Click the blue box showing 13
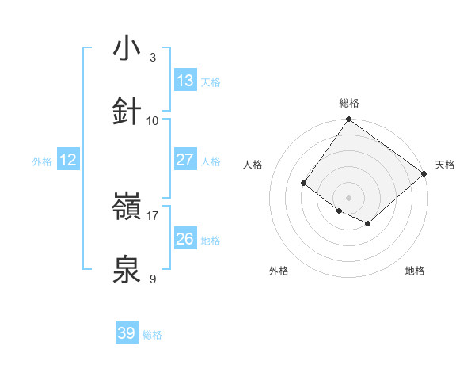point(185,81)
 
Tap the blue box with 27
point(185,160)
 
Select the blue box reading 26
point(185,239)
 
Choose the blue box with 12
point(68,160)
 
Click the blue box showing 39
point(127,333)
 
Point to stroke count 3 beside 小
point(153,58)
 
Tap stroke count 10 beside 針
point(153,120)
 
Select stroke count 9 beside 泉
point(153,279)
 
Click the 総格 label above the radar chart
point(349,103)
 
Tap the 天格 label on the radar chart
point(445,165)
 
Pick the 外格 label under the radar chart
point(279,271)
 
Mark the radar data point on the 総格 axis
point(348,120)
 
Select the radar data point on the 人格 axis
point(304,184)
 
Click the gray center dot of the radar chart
point(348,198)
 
